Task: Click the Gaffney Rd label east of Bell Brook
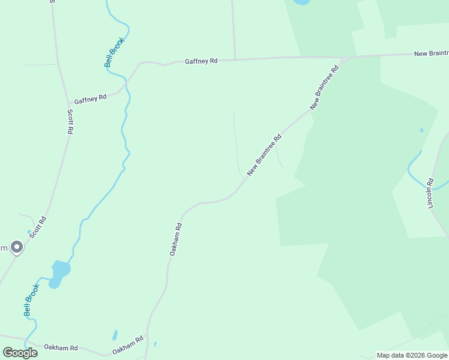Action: (x=201, y=61)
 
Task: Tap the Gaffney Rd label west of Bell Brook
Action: (x=91, y=98)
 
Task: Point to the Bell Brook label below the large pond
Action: (x=31, y=300)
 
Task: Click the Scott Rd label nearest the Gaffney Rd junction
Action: (x=70, y=121)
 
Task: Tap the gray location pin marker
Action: (x=17, y=247)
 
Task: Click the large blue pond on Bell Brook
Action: (x=59, y=271)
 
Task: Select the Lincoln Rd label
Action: (x=430, y=193)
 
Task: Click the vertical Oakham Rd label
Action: (x=175, y=240)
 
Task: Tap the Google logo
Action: (x=20, y=352)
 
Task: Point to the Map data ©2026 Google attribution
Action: (x=412, y=355)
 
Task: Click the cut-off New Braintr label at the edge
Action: (x=431, y=54)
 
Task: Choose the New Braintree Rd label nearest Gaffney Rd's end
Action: (x=324, y=87)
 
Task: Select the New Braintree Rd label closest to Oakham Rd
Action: (x=264, y=154)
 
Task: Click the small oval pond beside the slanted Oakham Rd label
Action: (x=115, y=335)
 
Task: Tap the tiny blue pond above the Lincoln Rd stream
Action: (x=421, y=130)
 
